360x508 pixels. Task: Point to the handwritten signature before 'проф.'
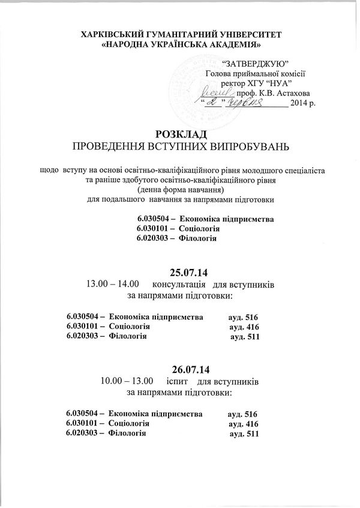pyautogui.click(x=220, y=92)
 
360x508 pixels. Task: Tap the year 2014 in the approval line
pyautogui.click(x=298, y=104)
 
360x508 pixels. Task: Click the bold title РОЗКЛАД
pyautogui.click(x=181, y=133)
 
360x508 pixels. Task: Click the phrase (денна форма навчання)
pyautogui.click(x=180, y=189)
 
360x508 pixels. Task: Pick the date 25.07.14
pyautogui.click(x=180, y=271)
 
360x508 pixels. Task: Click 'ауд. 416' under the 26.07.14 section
pyautogui.click(x=244, y=424)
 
